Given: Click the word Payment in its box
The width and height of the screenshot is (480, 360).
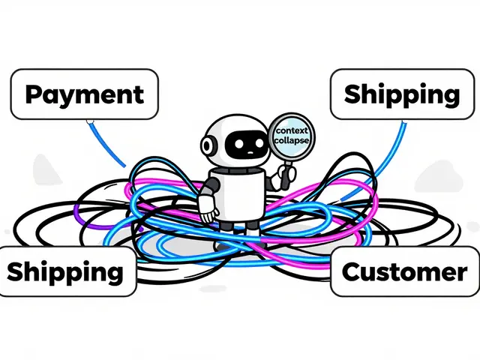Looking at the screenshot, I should pyautogui.click(x=84, y=94).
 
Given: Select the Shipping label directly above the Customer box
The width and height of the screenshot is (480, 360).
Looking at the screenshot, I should pyautogui.click(x=401, y=94).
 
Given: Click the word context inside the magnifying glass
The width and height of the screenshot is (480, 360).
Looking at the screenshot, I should pyautogui.click(x=291, y=130).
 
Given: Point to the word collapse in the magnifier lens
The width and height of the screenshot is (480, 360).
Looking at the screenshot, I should pyautogui.click(x=292, y=140).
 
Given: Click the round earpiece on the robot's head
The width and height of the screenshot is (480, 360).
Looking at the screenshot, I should pyautogui.click(x=210, y=143).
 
